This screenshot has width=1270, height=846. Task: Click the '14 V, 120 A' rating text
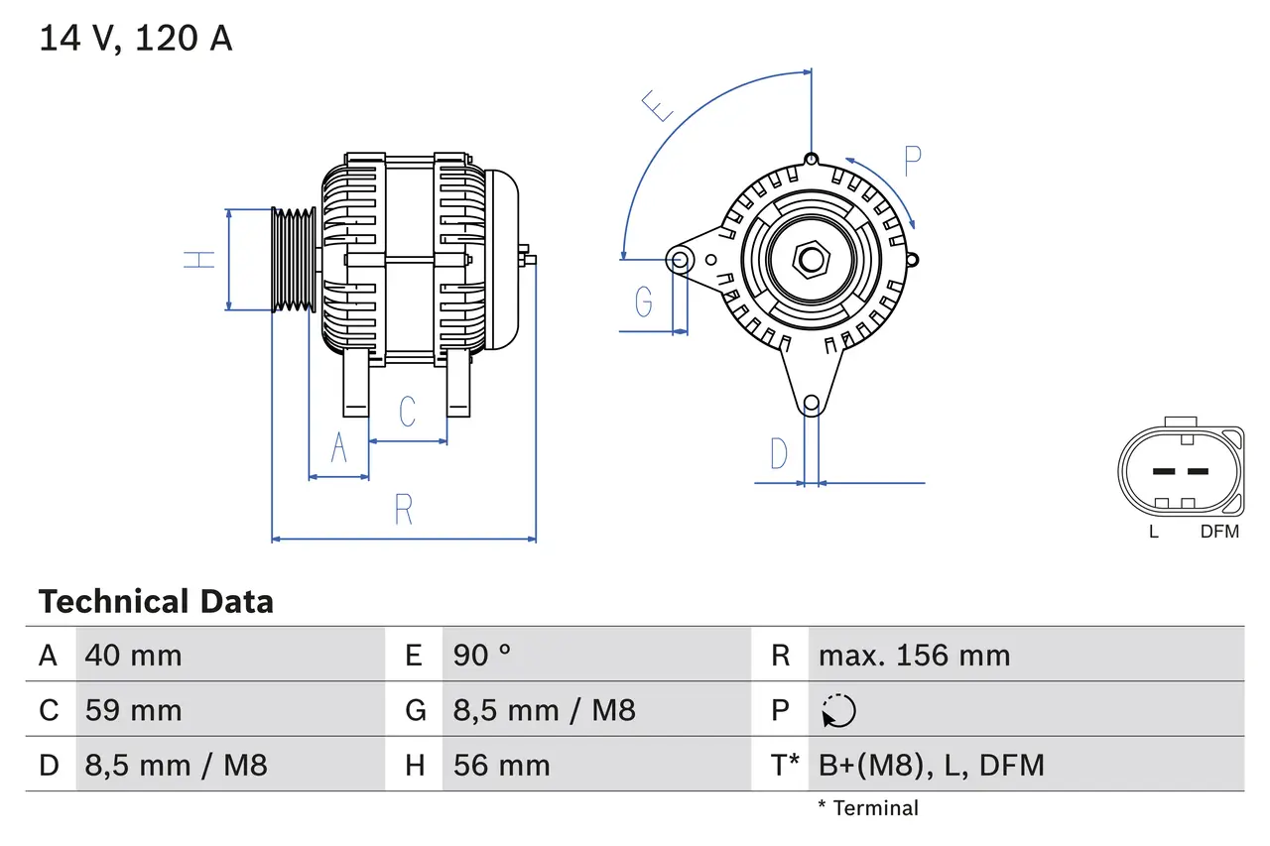[x=135, y=39]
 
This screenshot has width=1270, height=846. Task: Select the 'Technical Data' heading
[x=156, y=602]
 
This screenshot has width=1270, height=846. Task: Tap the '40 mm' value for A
[x=133, y=656]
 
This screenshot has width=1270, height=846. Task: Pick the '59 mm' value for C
[x=133, y=710]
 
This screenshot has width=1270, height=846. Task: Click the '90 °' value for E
[x=482, y=656]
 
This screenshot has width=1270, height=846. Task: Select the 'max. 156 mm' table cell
[x=914, y=656]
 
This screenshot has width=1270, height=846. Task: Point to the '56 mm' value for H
[x=501, y=765]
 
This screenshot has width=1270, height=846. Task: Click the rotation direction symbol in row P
[x=838, y=710]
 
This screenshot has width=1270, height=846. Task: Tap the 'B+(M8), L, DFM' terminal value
[x=931, y=765]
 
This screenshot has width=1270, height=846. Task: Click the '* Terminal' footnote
[x=868, y=808]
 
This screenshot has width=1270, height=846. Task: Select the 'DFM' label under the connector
[x=1219, y=532]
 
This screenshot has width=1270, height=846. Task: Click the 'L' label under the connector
[x=1153, y=532]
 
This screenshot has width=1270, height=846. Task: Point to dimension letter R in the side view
[x=403, y=510]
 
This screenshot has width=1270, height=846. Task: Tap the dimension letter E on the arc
[x=658, y=105]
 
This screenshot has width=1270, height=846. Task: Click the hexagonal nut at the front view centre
[x=812, y=261]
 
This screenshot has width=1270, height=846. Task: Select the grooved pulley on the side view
[x=294, y=260]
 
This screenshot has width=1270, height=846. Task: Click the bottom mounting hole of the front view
[x=811, y=403]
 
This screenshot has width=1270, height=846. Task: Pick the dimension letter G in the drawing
[x=644, y=301]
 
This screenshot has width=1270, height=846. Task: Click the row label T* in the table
[x=786, y=765]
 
